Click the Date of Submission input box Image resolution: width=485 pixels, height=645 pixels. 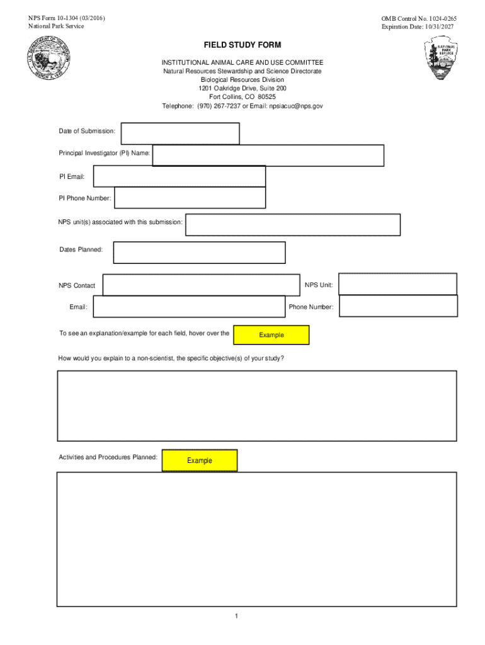180,134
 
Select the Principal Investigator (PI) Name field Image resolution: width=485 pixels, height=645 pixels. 268,156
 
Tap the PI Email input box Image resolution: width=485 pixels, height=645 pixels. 180,176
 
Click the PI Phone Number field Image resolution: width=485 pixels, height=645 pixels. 190,198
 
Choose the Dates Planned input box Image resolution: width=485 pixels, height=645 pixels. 199,253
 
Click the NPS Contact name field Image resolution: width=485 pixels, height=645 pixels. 201,285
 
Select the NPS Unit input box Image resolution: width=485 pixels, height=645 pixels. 397,284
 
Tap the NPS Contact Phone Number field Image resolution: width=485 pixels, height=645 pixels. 398,307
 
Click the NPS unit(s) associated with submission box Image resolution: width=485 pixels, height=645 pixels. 293,225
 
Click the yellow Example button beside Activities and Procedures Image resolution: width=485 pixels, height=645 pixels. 200,460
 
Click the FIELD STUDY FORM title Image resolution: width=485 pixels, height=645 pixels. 242,45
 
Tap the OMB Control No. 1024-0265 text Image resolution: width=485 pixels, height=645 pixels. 418,20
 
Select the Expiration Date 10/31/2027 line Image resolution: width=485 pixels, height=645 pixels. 418,27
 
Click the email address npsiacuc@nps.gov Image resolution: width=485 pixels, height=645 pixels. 296,106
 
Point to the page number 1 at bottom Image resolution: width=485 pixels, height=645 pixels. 236,616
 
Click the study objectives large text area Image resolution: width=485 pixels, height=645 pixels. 257,406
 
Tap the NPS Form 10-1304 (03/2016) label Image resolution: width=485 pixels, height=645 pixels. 63,18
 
